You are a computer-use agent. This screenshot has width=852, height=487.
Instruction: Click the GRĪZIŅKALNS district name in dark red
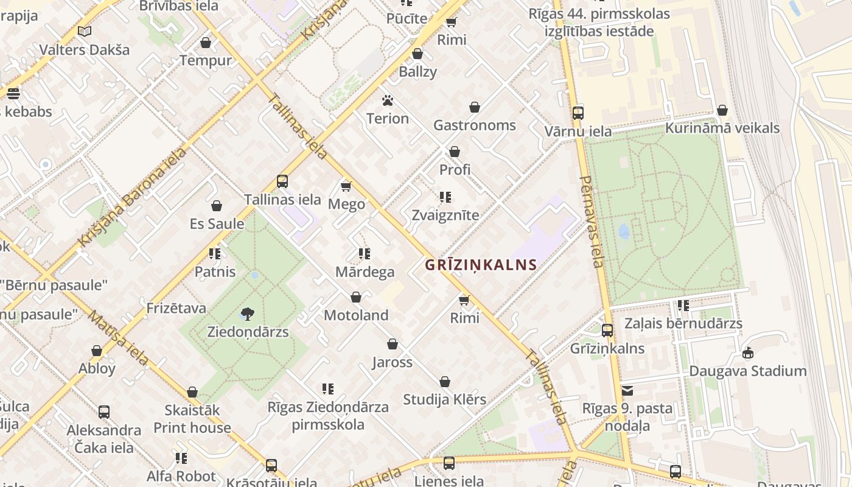pos(481,265)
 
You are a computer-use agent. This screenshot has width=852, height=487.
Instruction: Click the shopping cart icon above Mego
pos(346,186)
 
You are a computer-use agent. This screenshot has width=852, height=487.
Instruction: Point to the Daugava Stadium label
pos(747,371)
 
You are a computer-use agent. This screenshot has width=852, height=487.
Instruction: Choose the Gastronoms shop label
pos(475,125)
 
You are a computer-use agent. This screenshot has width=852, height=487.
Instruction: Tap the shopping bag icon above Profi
pos(455,152)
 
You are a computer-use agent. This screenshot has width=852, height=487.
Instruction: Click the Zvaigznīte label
pos(445,215)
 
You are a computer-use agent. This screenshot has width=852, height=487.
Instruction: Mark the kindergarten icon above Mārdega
pos(365,253)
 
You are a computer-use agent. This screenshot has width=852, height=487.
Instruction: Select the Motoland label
pos(356,315)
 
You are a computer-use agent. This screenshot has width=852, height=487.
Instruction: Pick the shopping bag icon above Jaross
pos(393,344)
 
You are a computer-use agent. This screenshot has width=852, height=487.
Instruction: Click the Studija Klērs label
pos(445,399)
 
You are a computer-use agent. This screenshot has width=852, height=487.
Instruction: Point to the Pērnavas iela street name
pos(593,222)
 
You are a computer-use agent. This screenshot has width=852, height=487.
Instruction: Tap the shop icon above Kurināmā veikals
pos(722,110)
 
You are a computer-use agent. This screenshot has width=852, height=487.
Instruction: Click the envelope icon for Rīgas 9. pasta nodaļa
pos(627,390)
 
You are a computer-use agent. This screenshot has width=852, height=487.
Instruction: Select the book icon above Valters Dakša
pos(85,31)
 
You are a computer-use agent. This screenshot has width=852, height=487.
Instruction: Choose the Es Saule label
pos(217,223)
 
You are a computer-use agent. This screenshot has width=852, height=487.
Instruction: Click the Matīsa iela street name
pos(118,338)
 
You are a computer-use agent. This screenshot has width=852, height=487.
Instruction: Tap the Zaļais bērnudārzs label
pos(683,323)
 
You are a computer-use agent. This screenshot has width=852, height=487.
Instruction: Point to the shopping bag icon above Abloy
pos(97,351)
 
